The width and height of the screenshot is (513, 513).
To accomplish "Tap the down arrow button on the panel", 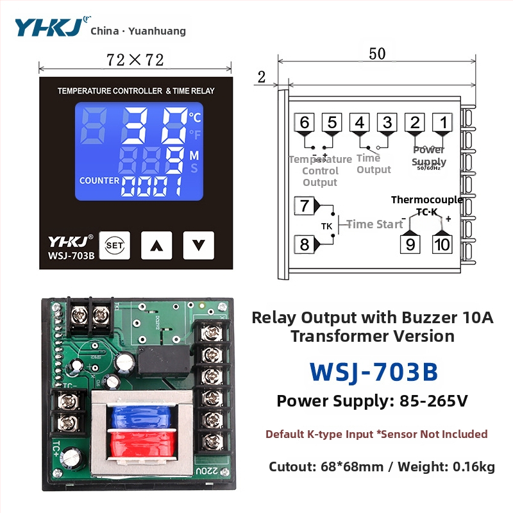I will pyautogui.click(x=198, y=244).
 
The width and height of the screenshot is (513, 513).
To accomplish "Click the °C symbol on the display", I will pyautogui.click(x=195, y=117).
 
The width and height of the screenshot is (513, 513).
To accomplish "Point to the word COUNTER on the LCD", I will pyautogui.click(x=99, y=180).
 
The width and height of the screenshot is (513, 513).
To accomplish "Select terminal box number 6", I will pyautogui.click(x=305, y=122).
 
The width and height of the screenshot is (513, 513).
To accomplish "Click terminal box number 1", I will pyautogui.click(x=442, y=122).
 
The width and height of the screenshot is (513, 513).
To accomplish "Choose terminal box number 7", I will pyautogui.click(x=304, y=206).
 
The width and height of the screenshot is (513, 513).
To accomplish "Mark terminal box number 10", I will pyautogui.click(x=442, y=244).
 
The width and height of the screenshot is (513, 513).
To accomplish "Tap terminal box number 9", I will pyautogui.click(x=410, y=244).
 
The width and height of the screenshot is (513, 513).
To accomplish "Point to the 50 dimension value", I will pyautogui.click(x=377, y=54).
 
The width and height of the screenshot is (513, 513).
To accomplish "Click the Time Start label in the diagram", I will pyautogui.click(x=374, y=224).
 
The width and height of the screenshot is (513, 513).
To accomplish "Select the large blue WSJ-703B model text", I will pyautogui.click(x=373, y=371).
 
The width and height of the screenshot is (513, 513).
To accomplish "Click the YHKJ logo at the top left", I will pyautogui.click(x=48, y=28).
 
